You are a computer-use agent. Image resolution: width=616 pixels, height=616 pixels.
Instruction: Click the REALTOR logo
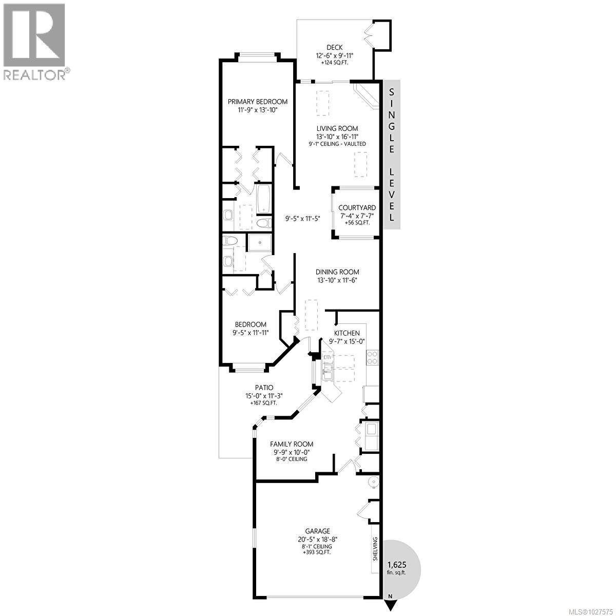[34, 41]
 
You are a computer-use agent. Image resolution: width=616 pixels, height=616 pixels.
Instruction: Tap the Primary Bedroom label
[258, 102]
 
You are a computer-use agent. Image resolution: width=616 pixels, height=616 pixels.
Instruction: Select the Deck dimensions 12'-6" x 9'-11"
[335, 55]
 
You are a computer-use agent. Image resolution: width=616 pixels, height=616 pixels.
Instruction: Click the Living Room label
[337, 128]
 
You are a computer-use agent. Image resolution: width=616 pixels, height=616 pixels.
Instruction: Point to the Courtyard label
[357, 208]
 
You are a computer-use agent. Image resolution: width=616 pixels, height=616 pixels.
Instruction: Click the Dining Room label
[337, 272]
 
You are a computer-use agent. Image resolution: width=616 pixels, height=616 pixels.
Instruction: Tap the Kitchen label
[347, 333]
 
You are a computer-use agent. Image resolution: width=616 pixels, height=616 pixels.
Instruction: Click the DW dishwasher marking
[327, 357]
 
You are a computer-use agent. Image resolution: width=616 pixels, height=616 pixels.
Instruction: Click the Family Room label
[292, 444]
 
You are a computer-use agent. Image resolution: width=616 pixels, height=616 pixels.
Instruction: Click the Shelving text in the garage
[375, 548]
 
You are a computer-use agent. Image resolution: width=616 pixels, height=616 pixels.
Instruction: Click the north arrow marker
[391, 604]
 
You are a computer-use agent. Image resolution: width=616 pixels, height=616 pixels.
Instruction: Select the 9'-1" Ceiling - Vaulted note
[337, 144]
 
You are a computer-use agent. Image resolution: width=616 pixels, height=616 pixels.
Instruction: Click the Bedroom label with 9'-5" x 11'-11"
[251, 324]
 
